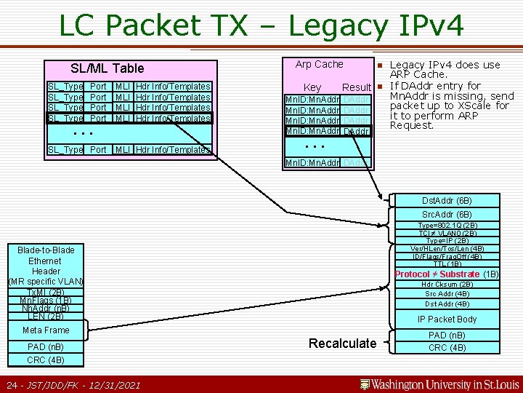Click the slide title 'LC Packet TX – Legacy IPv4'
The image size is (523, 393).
point(261,26)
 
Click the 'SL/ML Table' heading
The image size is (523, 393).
point(108,68)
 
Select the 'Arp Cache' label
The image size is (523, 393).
point(319,64)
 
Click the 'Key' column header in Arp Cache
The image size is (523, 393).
point(312,87)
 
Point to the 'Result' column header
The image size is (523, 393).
point(357,87)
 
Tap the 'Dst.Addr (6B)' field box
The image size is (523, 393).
point(447,200)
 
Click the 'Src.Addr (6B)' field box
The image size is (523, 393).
point(447,215)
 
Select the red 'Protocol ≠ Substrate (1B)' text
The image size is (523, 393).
point(447,274)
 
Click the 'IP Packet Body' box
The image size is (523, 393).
point(447,319)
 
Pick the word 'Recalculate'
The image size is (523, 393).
point(343,343)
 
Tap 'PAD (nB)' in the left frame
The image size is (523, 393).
point(45,346)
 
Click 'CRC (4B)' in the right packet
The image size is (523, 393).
point(447,347)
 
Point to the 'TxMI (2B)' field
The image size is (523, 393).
point(45,292)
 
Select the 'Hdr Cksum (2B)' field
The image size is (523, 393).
point(447,284)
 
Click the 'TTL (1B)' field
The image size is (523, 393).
point(447,264)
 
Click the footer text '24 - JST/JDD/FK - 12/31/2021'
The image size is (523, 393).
point(73,384)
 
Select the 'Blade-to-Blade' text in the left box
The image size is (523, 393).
point(45,250)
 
